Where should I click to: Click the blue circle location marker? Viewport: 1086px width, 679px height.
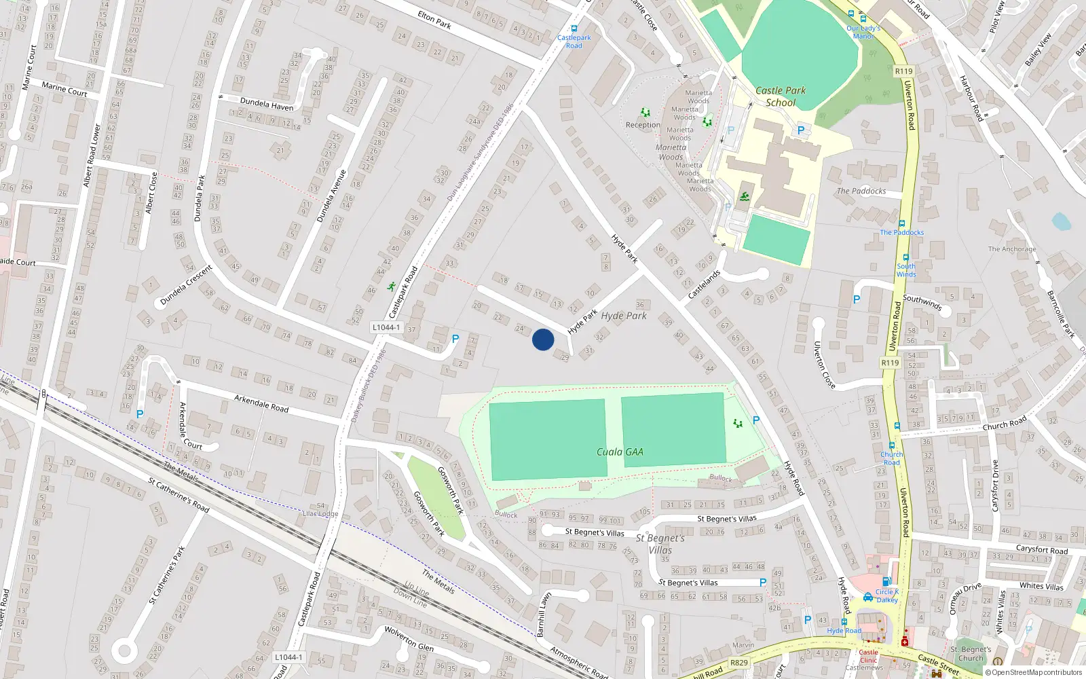point(543,339)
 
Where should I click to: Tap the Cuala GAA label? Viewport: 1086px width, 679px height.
point(620,452)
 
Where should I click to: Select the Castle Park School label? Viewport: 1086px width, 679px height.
point(781,96)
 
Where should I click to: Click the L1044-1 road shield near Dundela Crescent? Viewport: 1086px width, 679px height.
point(386,327)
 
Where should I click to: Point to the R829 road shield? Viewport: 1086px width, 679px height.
point(739,663)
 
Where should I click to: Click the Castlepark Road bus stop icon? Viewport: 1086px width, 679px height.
point(574,29)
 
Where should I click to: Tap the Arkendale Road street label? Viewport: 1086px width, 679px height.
point(261,403)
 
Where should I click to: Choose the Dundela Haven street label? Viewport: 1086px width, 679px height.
point(267,105)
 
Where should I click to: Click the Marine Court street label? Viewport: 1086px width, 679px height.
point(64,89)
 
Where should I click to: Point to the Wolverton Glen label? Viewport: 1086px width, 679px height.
point(409,639)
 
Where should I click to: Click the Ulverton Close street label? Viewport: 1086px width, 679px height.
point(824,365)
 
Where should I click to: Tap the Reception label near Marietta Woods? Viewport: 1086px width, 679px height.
point(643,125)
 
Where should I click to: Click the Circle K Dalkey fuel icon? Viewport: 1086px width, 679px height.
point(886,582)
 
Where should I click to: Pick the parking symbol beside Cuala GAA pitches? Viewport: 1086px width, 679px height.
point(756,420)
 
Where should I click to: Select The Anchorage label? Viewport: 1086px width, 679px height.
point(1012,249)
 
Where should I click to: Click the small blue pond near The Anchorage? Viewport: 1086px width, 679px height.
point(1060,221)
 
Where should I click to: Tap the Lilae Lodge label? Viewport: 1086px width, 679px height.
point(320,514)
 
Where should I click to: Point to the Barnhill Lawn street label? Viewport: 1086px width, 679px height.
point(542,614)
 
